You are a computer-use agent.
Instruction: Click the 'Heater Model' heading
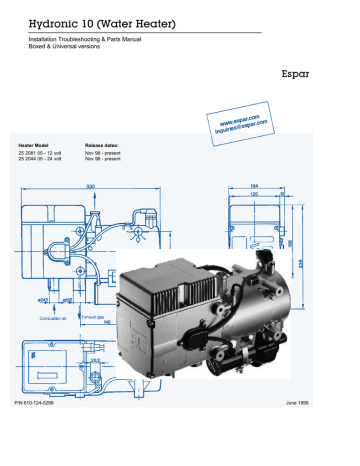[36, 147]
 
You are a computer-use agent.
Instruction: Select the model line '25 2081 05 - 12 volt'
[44, 155]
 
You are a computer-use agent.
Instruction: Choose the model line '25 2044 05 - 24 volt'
[44, 162]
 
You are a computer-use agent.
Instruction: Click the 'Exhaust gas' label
[94, 317]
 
